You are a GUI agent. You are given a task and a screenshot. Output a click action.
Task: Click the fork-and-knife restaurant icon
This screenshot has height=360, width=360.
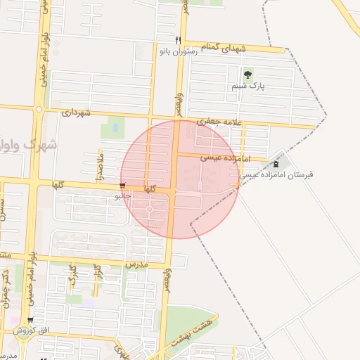[x=179, y=40]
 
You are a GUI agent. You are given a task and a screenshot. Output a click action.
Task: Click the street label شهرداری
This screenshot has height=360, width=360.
[x=77, y=112]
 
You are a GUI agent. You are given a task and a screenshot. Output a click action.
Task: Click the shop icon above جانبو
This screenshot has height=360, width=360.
[x=123, y=186]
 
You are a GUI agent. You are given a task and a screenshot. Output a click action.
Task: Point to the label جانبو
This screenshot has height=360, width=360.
[x=123, y=196]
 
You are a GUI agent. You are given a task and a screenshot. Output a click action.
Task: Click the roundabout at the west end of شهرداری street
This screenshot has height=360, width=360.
[x=39, y=109]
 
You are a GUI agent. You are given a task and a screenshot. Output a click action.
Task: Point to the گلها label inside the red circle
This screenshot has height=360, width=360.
[x=150, y=189]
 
